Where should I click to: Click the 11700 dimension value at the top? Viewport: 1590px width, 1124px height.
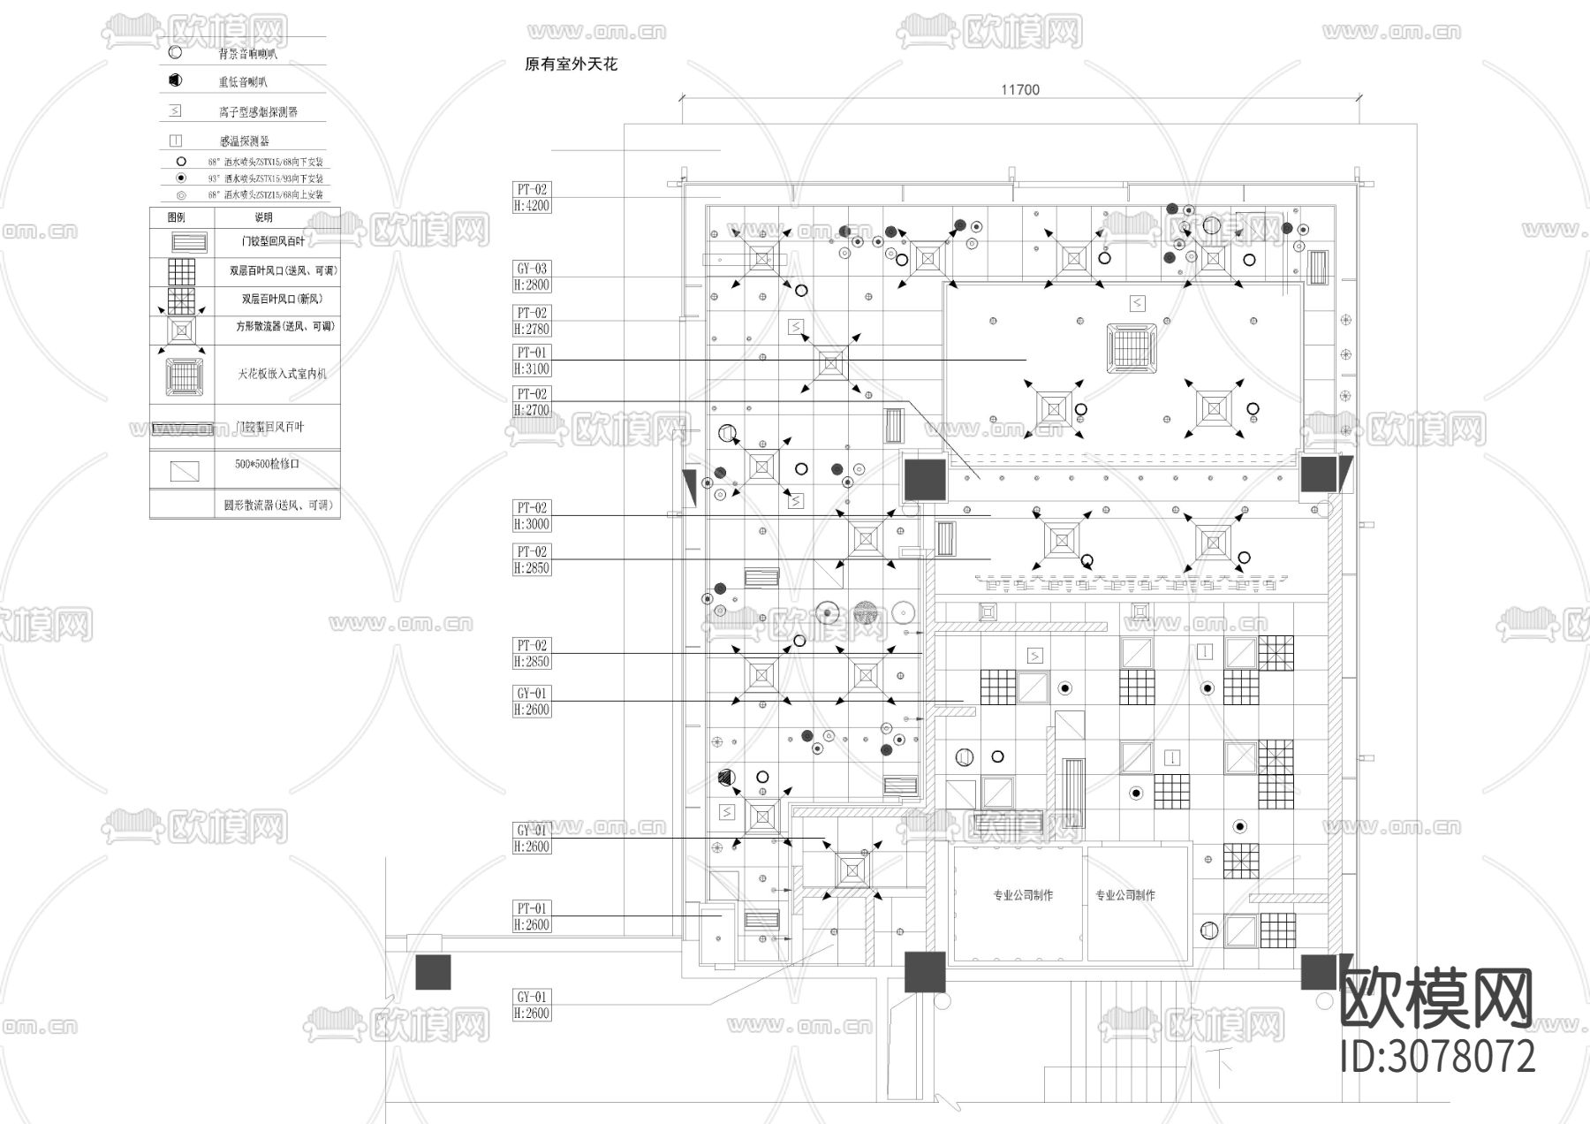(1020, 89)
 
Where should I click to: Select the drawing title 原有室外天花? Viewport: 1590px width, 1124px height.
(571, 65)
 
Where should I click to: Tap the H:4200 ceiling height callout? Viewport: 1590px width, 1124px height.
(532, 206)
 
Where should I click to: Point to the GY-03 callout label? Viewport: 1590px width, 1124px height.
(532, 269)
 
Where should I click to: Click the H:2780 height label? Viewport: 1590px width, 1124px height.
(532, 329)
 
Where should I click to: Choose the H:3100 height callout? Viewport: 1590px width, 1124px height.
(532, 368)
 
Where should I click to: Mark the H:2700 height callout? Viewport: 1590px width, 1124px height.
(532, 410)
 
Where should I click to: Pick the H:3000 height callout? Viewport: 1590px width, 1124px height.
(532, 524)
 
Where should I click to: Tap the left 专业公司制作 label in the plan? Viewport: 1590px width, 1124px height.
(1023, 895)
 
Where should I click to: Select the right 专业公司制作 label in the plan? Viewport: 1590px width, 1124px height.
(1125, 895)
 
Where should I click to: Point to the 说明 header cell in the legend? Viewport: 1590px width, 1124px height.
(263, 217)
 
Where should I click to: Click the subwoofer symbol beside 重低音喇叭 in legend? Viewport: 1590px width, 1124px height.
(175, 80)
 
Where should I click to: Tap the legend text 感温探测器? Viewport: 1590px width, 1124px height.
(245, 140)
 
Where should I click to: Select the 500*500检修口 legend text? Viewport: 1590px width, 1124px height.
(268, 464)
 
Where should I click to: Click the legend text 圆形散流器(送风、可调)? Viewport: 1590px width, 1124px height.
(278, 505)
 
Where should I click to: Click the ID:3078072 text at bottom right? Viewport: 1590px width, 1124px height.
(1437, 1057)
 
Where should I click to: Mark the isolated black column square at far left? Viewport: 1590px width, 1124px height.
(433, 972)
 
